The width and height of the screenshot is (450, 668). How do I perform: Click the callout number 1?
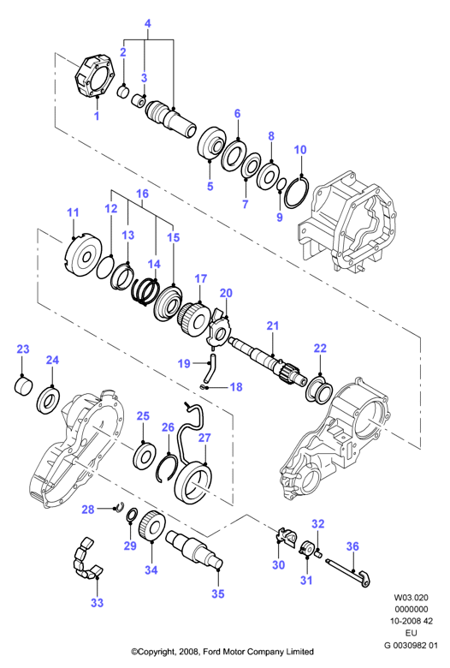tap(97, 116)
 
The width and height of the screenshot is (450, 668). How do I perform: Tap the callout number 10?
tap(300, 150)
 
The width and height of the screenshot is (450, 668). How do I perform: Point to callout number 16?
tap(142, 194)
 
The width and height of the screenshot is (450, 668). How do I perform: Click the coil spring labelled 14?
tap(145, 290)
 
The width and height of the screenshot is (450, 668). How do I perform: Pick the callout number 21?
tap(272, 326)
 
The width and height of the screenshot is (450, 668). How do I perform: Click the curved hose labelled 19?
tap(209, 368)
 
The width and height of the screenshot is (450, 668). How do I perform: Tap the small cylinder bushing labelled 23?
tap(23, 385)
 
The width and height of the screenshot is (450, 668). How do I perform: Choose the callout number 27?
tap(204, 438)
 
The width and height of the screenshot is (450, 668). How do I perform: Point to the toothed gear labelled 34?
tap(152, 528)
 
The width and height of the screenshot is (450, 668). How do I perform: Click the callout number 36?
tap(352, 546)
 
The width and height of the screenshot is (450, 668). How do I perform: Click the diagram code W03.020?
tap(411, 598)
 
